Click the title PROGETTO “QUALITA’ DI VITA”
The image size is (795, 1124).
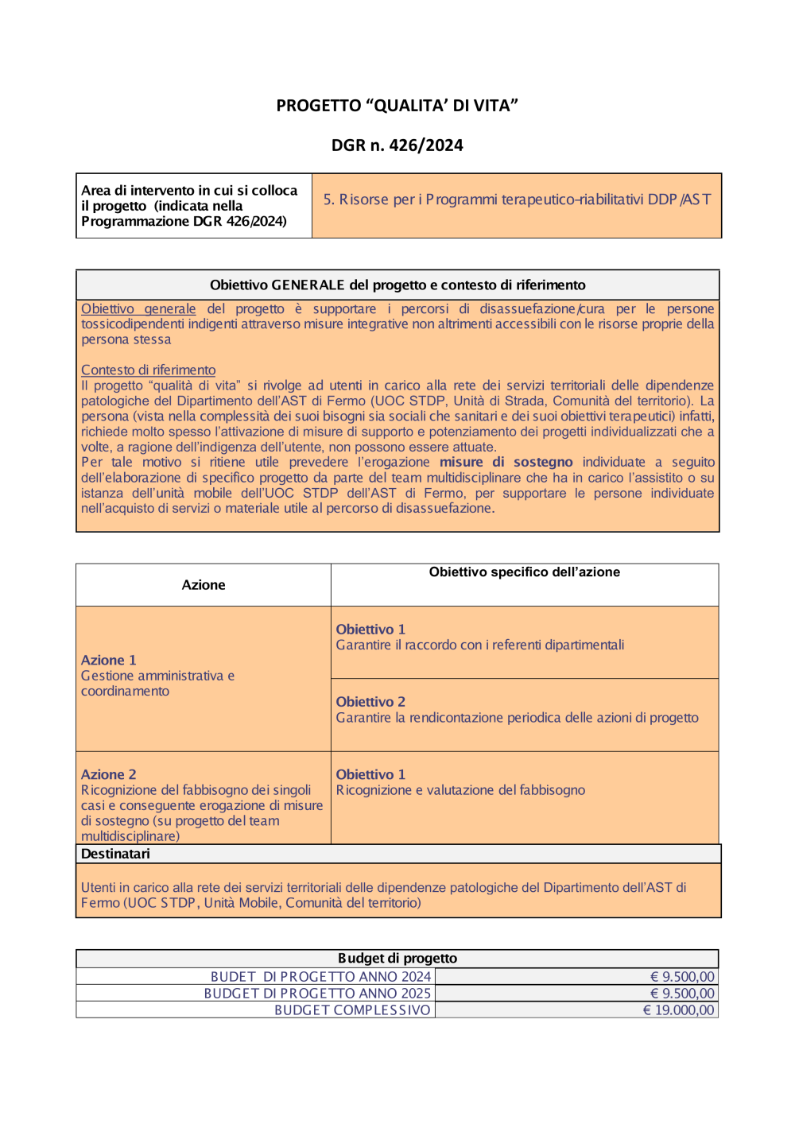(x=397, y=106)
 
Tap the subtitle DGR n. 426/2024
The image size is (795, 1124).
(x=397, y=145)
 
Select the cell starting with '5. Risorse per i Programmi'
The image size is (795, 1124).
(x=517, y=200)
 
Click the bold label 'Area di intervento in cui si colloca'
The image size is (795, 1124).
(x=189, y=191)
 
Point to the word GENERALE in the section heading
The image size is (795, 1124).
(x=308, y=285)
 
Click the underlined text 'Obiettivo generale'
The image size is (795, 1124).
(x=138, y=309)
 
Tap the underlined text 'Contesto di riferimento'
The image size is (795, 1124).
(x=148, y=370)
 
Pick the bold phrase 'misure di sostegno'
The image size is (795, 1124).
(x=506, y=463)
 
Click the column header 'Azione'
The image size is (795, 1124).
(x=204, y=585)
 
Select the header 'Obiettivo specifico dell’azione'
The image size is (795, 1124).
(x=524, y=572)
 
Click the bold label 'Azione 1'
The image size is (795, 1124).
(x=109, y=661)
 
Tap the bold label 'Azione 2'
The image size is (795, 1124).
(x=109, y=775)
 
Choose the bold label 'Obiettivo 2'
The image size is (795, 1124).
(x=370, y=702)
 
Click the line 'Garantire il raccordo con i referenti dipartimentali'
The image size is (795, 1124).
(x=479, y=645)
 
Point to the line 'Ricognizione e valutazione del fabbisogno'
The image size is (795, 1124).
(x=460, y=791)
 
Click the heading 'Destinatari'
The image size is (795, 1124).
(x=115, y=854)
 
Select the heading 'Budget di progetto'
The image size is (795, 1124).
(x=397, y=959)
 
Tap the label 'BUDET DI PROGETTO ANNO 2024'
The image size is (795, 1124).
(x=320, y=977)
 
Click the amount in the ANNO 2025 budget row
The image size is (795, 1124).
(x=682, y=994)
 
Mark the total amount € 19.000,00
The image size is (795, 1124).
(x=678, y=1010)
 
